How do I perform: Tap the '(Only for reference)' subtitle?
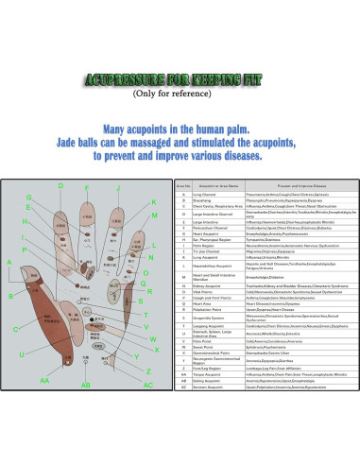[x=180, y=94]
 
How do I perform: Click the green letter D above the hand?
[x=60, y=186]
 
